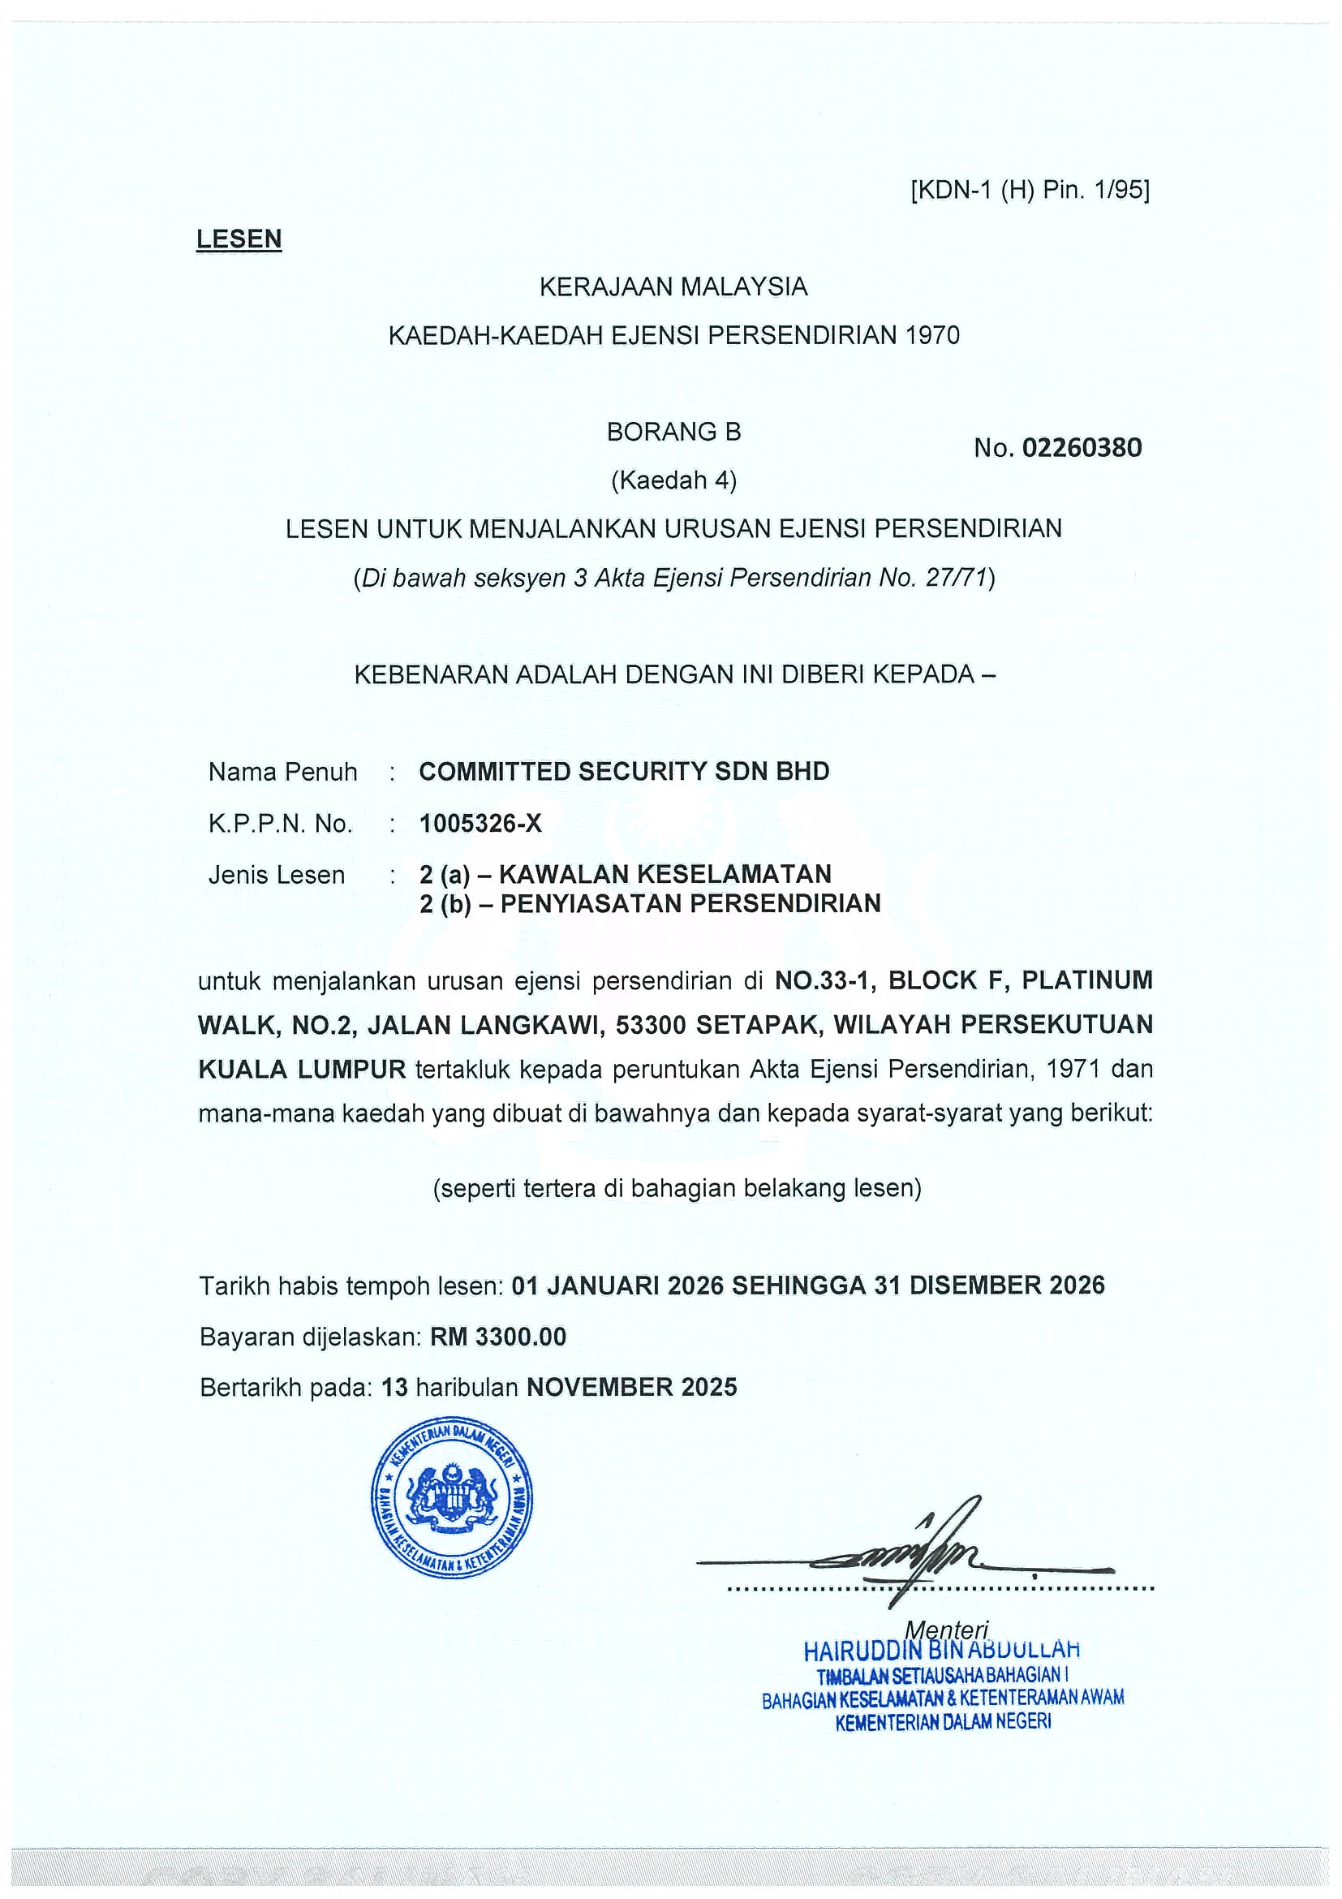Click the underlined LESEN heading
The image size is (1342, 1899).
point(239,239)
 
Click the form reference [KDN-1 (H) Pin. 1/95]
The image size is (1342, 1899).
point(1030,191)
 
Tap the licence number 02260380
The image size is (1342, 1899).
point(1082,447)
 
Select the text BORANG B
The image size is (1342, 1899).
point(674,432)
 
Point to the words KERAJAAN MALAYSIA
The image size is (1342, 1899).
point(673,287)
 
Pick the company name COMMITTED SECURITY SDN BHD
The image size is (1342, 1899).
point(624,772)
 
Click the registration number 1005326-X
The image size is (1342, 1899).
point(480,823)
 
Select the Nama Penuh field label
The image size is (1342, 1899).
point(283,772)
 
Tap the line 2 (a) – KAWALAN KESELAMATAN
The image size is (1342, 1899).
point(625,873)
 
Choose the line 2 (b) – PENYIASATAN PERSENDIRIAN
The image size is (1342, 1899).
point(650,903)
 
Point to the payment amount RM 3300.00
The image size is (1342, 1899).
point(499,1337)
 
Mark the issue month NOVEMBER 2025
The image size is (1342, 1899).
point(632,1387)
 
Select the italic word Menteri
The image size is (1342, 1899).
point(947,1630)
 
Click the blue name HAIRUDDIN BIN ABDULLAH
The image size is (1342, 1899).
point(942,1651)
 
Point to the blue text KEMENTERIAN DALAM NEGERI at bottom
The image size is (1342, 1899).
point(944,1723)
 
